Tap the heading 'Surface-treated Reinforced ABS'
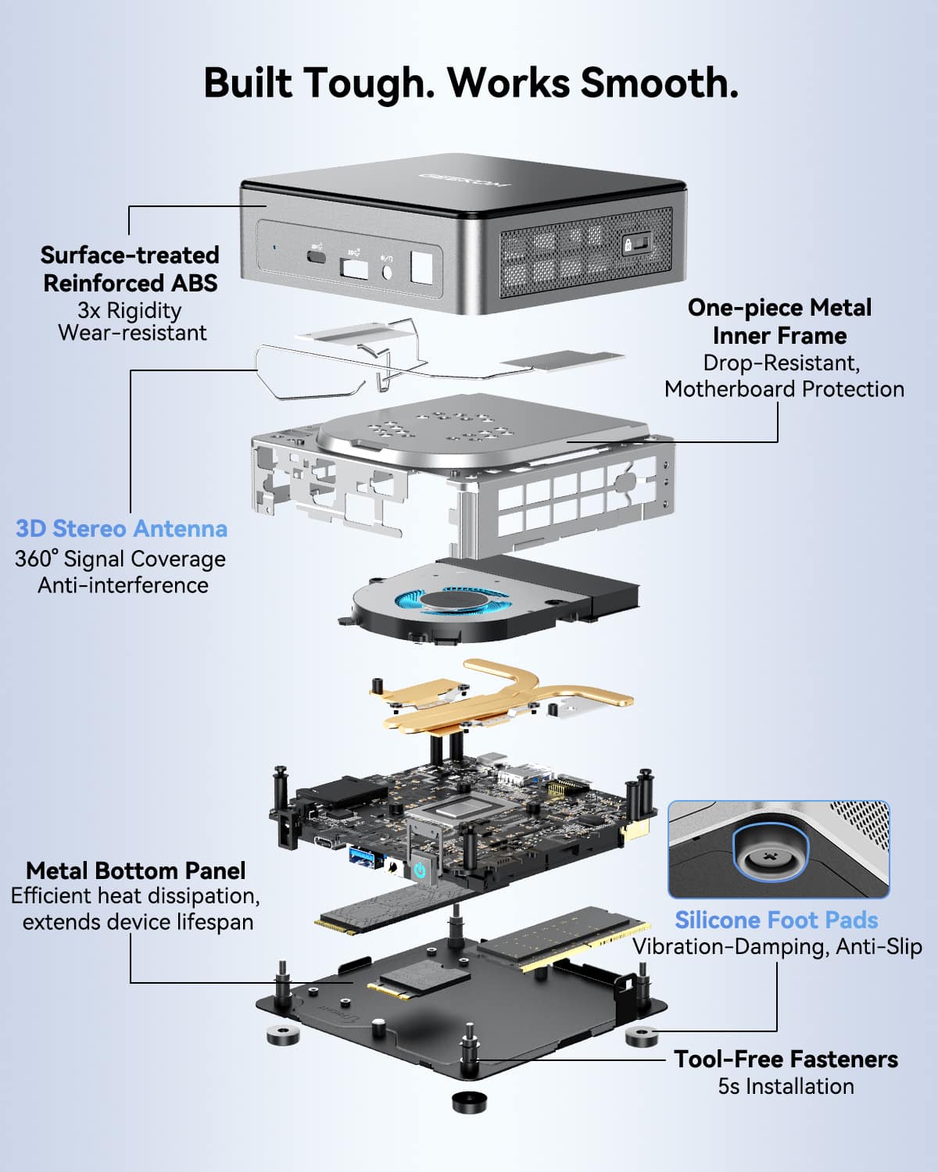click(x=130, y=269)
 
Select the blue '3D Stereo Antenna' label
click(x=122, y=529)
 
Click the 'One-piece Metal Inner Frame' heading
click(x=779, y=321)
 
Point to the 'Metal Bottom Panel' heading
click(x=135, y=870)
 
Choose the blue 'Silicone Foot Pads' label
click(x=776, y=920)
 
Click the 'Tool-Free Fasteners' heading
click(x=786, y=1059)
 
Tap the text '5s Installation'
click(x=786, y=1086)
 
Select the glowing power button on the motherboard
click(x=421, y=869)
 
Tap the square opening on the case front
click(x=421, y=268)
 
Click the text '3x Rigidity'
click(x=130, y=310)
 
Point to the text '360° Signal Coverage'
click(x=120, y=559)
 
